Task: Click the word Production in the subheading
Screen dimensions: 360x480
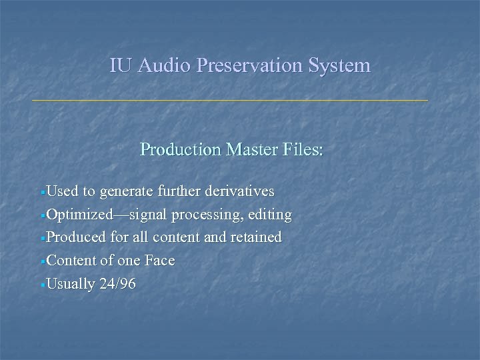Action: click(181, 149)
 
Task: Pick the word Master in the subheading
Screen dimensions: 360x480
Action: click(249, 149)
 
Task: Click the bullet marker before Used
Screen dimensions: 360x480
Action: click(43, 193)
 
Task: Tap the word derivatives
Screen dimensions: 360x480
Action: click(239, 192)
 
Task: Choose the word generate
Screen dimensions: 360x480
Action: click(126, 192)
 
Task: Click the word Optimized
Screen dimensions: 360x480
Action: click(75, 215)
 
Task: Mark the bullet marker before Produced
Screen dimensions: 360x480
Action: click(43, 238)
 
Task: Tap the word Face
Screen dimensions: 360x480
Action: click(159, 261)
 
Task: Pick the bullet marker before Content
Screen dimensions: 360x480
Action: click(43, 261)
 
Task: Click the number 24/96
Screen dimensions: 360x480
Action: click(117, 284)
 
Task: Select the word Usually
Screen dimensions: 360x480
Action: click(71, 284)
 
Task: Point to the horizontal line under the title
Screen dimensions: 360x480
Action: click(230, 100)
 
